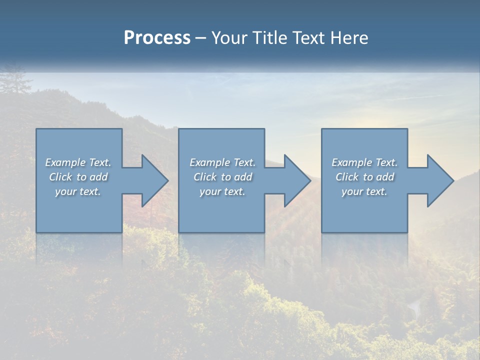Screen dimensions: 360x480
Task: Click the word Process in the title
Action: (x=157, y=37)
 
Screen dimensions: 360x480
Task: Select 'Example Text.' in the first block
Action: (x=78, y=162)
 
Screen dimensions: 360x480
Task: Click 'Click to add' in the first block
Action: (x=78, y=177)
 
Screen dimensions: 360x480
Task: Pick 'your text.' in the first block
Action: (x=78, y=191)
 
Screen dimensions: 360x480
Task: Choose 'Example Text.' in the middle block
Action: (x=222, y=162)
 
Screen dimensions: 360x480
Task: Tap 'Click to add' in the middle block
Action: (x=222, y=177)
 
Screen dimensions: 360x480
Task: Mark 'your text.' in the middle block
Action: (x=222, y=191)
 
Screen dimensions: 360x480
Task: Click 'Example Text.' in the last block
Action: (x=364, y=162)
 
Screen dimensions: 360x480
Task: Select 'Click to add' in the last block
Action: (x=364, y=177)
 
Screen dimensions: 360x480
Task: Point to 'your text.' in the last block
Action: (x=364, y=191)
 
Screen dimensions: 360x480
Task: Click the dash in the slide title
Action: (x=201, y=38)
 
